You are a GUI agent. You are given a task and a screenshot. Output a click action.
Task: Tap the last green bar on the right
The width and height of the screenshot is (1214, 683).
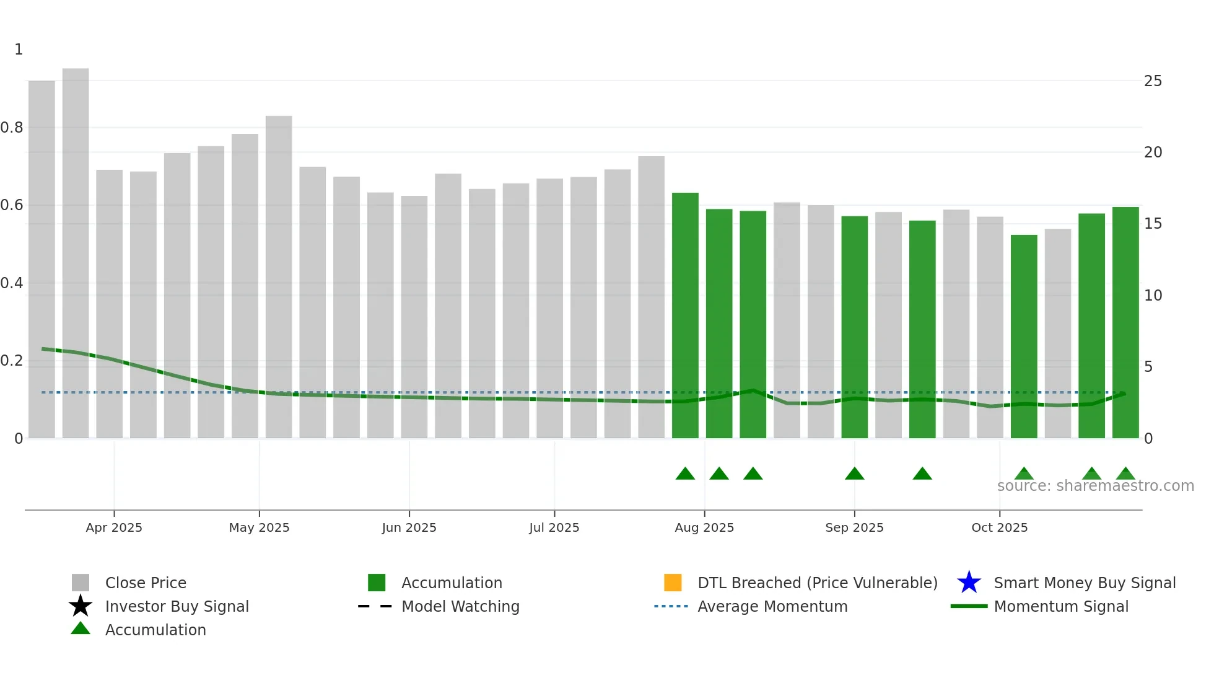coord(1125,322)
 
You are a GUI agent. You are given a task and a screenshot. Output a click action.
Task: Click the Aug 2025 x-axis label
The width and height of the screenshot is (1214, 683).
coord(704,527)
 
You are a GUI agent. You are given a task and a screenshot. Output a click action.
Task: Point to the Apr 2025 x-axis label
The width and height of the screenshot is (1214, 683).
coord(114,527)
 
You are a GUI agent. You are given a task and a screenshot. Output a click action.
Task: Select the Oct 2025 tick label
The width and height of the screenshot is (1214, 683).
coord(999,527)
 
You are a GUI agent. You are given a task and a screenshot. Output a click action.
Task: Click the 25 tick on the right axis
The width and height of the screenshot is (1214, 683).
coord(1153,81)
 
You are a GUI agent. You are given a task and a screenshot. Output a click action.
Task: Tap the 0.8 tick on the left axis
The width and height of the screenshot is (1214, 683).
coord(12,128)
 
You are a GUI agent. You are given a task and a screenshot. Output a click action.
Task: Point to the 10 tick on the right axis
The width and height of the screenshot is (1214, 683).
coord(1153,296)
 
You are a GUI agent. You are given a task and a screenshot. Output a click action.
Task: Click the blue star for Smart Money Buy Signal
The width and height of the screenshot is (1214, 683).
coord(969,583)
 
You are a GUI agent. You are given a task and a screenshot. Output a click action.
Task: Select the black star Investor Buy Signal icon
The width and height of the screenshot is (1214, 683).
coord(81,606)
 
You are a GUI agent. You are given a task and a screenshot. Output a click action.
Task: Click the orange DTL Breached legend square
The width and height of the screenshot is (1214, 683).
coord(673,583)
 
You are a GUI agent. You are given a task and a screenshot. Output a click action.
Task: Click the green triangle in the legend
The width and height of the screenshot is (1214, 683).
coord(81,629)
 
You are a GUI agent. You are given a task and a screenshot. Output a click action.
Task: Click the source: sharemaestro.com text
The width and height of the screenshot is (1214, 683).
coord(1095,486)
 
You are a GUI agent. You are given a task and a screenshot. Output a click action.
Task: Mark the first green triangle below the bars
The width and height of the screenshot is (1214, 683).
coord(685,474)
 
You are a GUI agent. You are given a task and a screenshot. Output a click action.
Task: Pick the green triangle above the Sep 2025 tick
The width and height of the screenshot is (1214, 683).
coord(854,474)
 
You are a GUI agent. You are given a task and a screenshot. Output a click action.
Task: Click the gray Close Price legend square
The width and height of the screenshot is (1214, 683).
coord(81,583)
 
